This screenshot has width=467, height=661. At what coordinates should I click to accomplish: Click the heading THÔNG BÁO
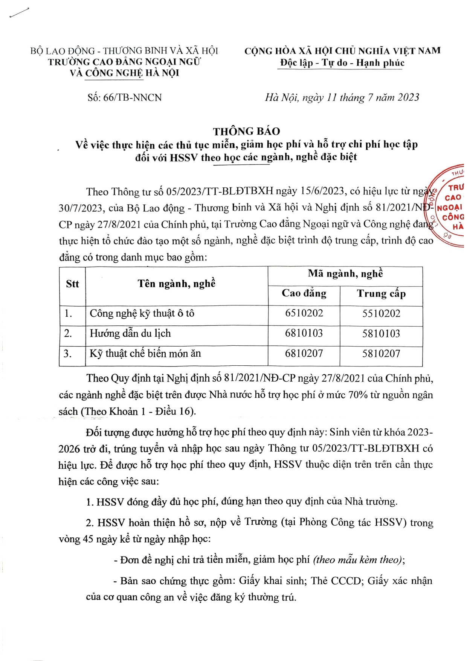point(246,131)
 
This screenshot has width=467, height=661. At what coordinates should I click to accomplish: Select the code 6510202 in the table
point(304,313)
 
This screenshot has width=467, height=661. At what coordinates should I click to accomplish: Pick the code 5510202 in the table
point(381,313)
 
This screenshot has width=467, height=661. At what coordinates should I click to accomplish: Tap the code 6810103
point(304,333)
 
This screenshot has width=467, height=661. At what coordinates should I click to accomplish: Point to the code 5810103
point(381,334)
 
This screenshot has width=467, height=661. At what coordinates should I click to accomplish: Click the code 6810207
point(304,354)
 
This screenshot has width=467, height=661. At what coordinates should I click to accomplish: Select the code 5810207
point(381,354)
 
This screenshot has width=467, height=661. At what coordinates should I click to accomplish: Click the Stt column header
point(72,284)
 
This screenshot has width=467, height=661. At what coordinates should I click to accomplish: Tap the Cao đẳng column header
point(304,293)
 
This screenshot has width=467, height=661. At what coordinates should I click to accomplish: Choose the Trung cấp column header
point(381,294)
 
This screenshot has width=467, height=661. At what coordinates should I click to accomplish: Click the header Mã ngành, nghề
point(345,274)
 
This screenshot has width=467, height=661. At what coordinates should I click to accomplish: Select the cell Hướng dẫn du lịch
point(130,333)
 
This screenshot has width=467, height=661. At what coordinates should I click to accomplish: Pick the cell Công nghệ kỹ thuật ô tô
point(142,313)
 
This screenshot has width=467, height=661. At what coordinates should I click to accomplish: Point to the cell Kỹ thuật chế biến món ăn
point(145,354)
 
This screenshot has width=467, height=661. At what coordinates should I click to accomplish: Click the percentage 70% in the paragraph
point(358,395)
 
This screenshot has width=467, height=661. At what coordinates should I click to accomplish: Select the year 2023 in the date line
point(408,98)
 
